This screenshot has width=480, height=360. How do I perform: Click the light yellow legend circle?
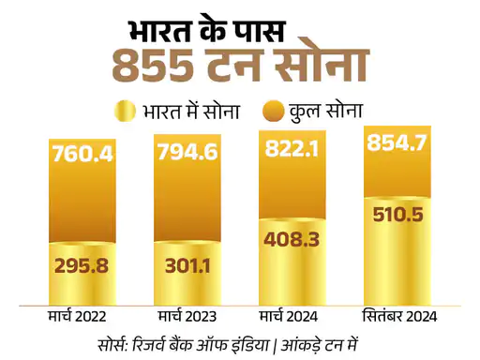click(125, 112)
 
